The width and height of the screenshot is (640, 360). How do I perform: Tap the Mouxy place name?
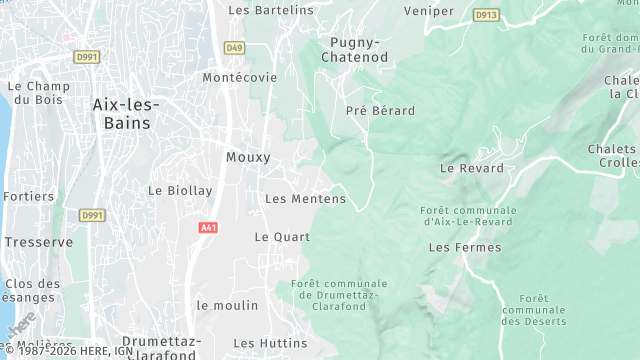(248, 157)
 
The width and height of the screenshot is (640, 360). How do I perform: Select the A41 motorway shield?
(208, 228)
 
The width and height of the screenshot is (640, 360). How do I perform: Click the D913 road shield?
(486, 15)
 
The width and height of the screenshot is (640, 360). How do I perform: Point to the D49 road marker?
(234, 47)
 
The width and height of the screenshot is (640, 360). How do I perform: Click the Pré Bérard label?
(380, 110)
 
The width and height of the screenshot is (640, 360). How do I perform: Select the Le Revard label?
(467, 168)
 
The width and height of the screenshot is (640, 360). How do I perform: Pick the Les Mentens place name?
(305, 199)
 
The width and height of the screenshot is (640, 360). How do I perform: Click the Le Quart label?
(282, 237)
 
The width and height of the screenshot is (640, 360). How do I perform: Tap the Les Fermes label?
(457, 247)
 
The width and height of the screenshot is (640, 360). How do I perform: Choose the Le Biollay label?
(180, 190)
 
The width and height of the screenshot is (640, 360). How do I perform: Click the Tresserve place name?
(38, 242)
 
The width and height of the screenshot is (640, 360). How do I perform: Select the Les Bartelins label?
(270, 10)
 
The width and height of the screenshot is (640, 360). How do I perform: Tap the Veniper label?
(429, 11)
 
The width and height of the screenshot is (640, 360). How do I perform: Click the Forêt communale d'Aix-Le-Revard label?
(469, 217)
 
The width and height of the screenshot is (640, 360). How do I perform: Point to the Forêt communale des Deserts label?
(533, 310)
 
